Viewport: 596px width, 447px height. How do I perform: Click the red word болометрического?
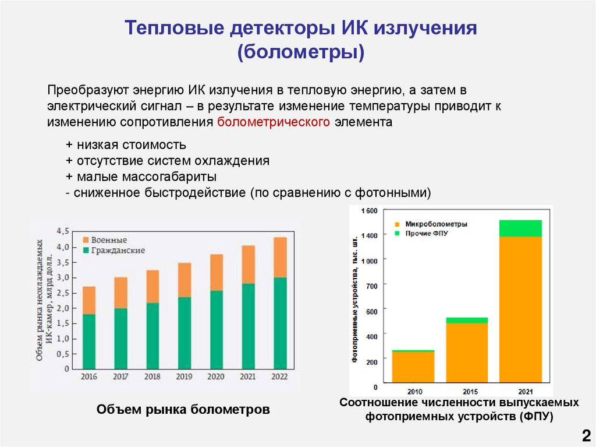(x=274, y=122)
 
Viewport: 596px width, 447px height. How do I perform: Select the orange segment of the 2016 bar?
(x=89, y=300)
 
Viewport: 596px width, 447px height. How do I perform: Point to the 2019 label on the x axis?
(x=185, y=377)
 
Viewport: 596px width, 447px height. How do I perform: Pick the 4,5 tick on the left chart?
(x=63, y=231)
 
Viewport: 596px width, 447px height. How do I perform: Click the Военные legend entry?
(x=105, y=240)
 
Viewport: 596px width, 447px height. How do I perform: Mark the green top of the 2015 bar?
(x=467, y=320)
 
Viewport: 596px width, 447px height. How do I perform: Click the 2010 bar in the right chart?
(x=413, y=367)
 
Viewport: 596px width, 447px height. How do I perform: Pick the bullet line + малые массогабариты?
(x=141, y=176)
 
